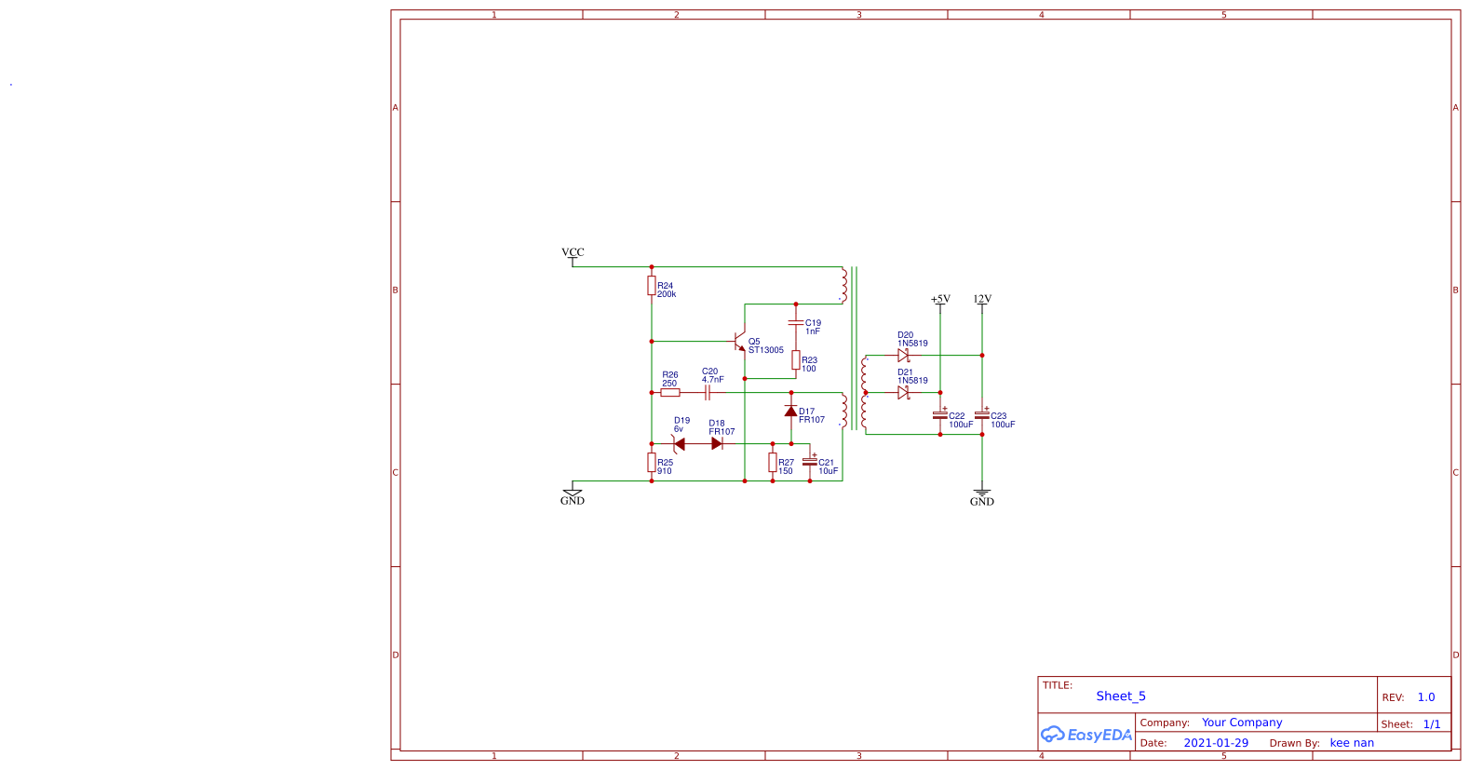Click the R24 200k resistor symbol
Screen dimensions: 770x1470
[x=652, y=286]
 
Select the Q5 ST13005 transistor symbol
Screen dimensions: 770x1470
[x=741, y=342]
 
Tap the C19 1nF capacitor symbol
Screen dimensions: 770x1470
[x=796, y=322]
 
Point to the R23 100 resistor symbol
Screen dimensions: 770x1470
[x=796, y=360]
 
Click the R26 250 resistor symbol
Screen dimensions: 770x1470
[x=670, y=393]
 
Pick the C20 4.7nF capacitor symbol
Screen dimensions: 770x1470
[x=708, y=393]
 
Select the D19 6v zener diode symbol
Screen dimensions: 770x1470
[x=679, y=444]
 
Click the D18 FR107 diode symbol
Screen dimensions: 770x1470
[x=717, y=444]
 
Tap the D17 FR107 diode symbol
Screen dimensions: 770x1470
[x=791, y=411]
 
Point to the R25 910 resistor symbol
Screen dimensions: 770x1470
[x=652, y=463]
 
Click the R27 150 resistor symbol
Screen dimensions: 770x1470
[x=773, y=463]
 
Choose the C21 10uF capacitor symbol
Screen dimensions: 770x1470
[x=810, y=462]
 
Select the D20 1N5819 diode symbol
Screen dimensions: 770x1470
[x=903, y=356]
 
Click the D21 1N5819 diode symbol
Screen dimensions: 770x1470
[x=903, y=393]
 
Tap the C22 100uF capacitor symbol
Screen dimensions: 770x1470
[x=940, y=415]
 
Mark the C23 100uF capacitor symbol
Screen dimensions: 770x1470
[x=982, y=415]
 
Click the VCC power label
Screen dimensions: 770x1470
[x=573, y=253]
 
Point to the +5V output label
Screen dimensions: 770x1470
[x=940, y=300]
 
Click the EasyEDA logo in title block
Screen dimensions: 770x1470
[x=1086, y=735]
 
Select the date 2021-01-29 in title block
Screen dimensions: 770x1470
[x=1216, y=743]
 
